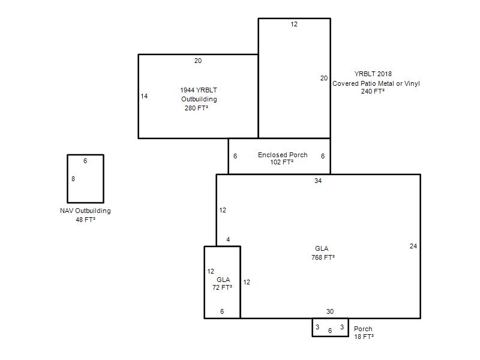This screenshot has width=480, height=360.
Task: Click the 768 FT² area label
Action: coord(323,257)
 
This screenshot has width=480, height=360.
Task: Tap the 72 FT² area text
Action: coord(222,287)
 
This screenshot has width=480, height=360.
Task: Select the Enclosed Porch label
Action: coord(283,155)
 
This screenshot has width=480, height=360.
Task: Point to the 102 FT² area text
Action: coord(281,162)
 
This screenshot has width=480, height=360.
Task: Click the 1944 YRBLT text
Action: coord(199,90)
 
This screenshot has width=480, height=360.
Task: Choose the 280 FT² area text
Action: coord(197,108)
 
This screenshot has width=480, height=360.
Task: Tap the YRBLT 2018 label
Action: coord(373,74)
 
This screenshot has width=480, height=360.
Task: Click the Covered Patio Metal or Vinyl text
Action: coord(376,83)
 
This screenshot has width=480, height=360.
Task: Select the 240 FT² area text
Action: coord(373,91)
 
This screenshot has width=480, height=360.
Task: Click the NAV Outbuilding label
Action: coord(85,211)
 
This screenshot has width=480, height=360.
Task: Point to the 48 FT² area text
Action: coord(86,220)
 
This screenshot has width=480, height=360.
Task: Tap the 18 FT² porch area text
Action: coord(364,337)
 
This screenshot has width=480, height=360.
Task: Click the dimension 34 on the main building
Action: coord(318,181)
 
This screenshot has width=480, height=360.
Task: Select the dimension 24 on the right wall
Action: coord(413,246)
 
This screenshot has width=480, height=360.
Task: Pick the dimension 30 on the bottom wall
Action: coord(329,311)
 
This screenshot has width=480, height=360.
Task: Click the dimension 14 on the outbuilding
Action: coord(144,96)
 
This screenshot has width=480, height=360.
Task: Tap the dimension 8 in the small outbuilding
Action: coord(73,179)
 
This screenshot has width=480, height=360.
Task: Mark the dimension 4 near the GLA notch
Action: coord(228,239)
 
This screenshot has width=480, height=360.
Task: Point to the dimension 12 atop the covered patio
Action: coord(294,24)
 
